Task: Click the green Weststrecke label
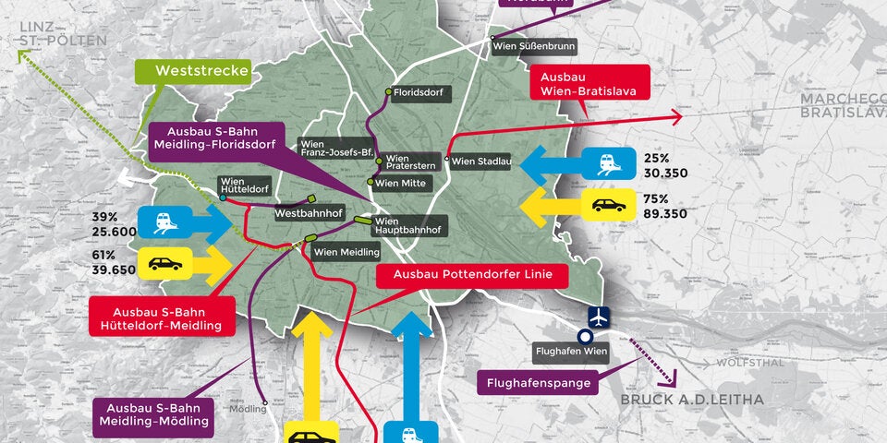[190, 71]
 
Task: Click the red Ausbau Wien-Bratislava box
[590, 81]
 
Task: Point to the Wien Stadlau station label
[481, 162]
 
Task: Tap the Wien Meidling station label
[346, 252]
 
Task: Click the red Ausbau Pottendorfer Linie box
[472, 274]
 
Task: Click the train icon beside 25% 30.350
[608, 164]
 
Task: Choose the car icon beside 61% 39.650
[164, 263]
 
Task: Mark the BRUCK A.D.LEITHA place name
[692, 400]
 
